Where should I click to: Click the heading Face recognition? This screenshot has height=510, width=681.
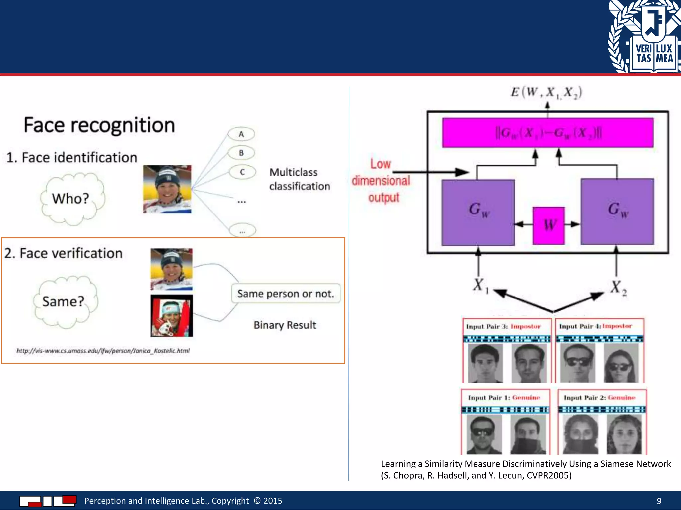tap(99, 126)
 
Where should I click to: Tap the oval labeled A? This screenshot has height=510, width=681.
tap(241, 134)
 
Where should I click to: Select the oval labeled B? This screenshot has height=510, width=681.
tap(241, 153)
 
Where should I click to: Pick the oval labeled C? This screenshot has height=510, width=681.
tap(242, 172)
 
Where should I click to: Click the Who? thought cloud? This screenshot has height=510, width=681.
tap(71, 199)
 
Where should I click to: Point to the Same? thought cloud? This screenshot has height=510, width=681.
tap(64, 301)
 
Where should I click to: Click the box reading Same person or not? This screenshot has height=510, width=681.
tap(285, 294)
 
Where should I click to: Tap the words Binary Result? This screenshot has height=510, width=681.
tap(285, 325)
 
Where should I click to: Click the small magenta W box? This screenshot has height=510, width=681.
tap(548, 225)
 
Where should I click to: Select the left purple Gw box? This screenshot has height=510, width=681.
tap(478, 212)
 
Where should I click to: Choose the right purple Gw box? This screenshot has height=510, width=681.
tap(617, 212)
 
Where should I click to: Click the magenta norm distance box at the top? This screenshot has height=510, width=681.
tap(548, 132)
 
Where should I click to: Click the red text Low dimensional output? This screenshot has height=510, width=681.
tap(381, 181)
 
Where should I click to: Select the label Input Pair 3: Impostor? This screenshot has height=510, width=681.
tap(503, 326)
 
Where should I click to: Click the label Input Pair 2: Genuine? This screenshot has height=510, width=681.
tap(599, 397)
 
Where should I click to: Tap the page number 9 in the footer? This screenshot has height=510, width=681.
tap(659, 501)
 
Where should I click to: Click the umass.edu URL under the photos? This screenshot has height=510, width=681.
tap(103, 351)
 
